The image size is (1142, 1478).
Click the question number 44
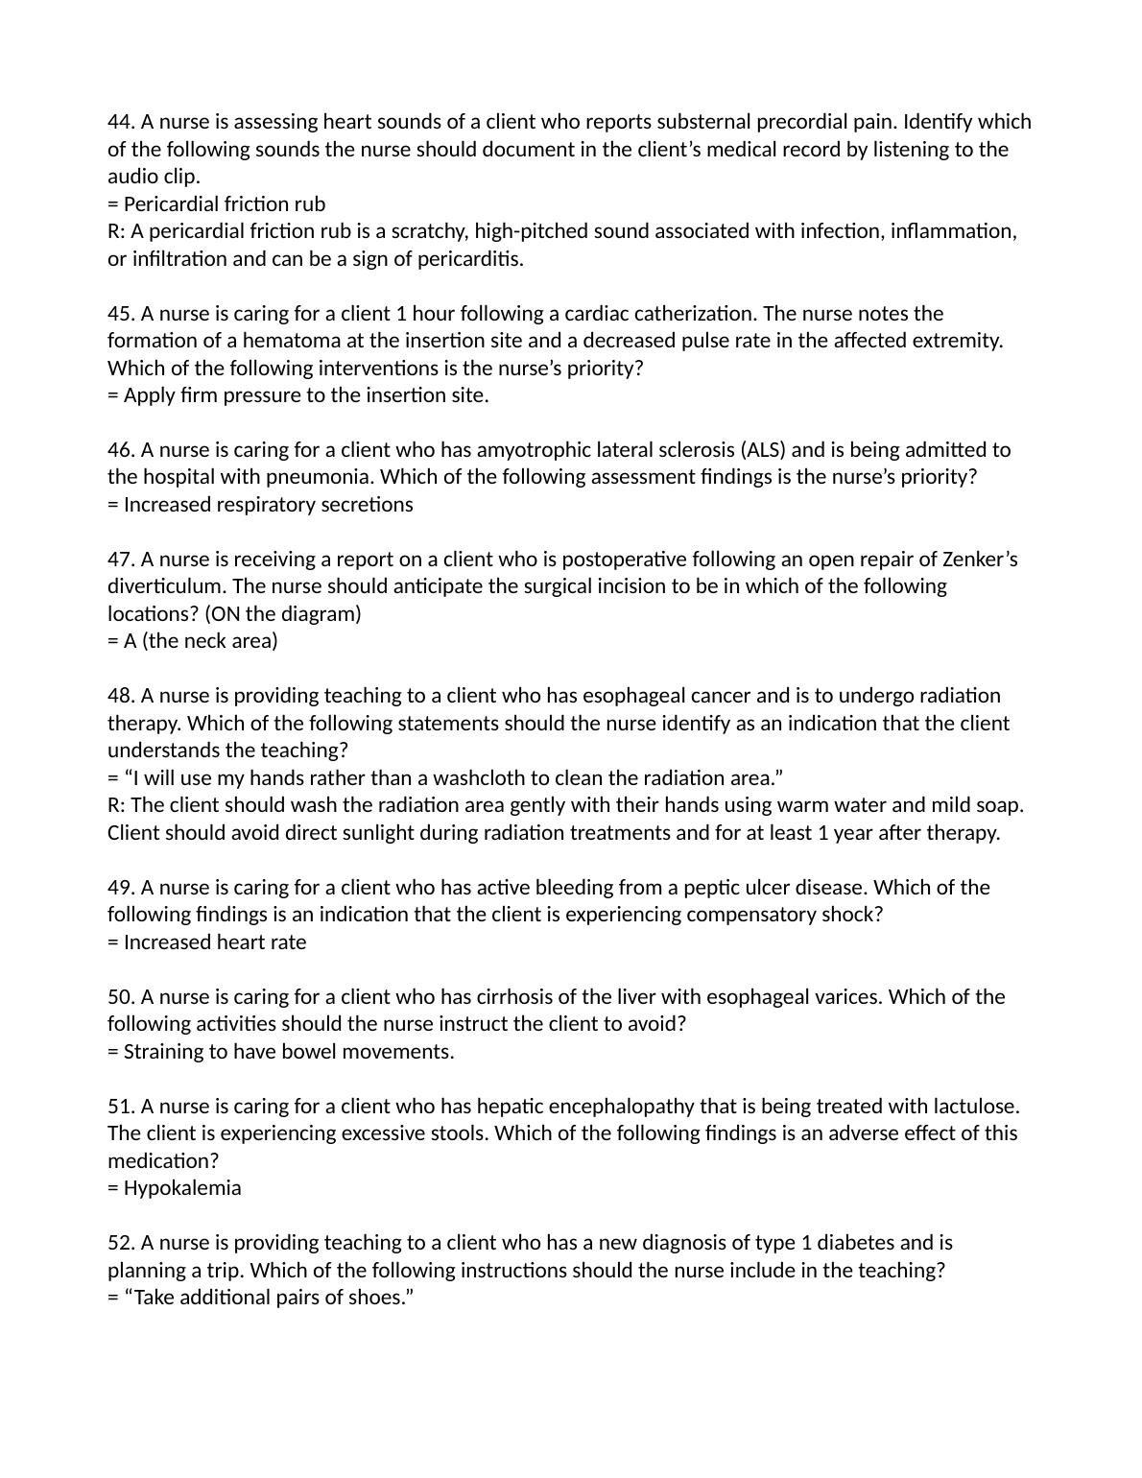coord(121,122)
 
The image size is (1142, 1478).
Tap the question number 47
coord(121,560)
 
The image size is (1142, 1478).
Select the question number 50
coord(121,997)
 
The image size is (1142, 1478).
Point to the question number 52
coord(121,1243)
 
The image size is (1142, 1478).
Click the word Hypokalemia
coord(182,1188)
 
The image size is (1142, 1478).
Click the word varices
coord(847,997)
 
